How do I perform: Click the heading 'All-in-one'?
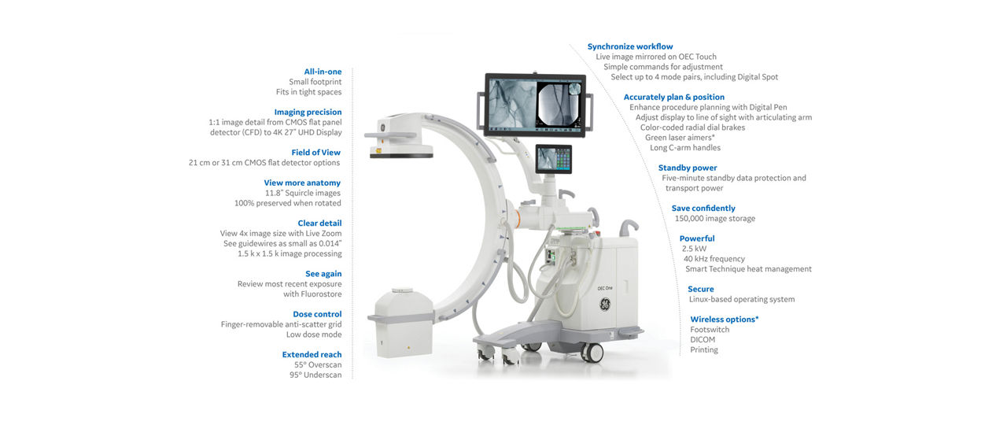(323, 72)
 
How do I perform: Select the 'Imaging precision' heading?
(308, 112)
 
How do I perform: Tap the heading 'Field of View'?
(315, 153)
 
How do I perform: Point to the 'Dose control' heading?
(317, 314)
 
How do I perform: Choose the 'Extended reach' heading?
(312, 354)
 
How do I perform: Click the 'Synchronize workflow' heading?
(630, 46)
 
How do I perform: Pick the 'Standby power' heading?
(688, 168)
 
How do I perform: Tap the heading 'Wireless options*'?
(725, 320)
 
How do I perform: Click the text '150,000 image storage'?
(715, 219)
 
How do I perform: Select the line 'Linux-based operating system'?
(742, 299)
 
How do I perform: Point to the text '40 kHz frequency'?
(714, 259)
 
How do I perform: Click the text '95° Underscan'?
(315, 375)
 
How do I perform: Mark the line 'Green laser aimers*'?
(680, 138)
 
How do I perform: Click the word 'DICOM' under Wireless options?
(703, 339)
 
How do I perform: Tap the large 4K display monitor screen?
(535, 105)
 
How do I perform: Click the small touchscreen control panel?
(553, 159)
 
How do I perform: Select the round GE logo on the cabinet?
(605, 305)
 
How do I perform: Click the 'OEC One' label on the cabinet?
(605, 288)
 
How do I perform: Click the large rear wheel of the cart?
(592, 352)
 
